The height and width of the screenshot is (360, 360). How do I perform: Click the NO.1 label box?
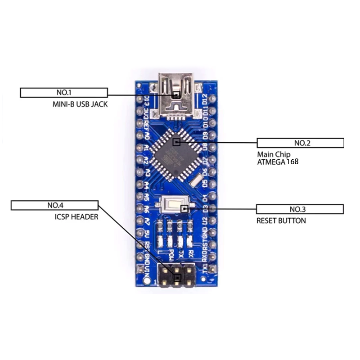(64, 93)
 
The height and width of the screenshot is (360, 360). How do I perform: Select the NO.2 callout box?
(300, 143)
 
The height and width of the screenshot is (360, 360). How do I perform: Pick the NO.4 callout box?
(55, 206)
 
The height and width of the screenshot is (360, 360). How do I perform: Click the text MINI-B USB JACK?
(80, 104)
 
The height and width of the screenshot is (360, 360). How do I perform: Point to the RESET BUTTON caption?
(281, 220)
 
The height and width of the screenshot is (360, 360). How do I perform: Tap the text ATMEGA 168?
(278, 162)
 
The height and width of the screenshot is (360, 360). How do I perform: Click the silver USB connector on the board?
(176, 95)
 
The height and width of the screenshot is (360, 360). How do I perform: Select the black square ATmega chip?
(176, 154)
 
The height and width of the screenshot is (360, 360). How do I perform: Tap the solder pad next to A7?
(139, 222)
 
